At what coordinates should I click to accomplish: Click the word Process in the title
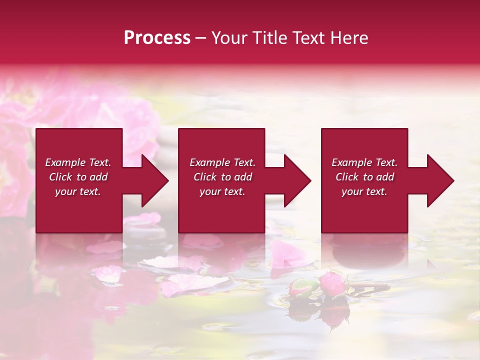click(157, 38)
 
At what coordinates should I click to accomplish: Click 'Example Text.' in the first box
click(78, 162)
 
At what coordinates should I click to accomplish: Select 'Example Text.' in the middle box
click(222, 162)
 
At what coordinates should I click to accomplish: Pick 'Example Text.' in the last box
click(364, 162)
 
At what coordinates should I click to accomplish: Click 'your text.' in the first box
click(78, 191)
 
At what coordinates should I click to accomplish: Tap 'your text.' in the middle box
click(222, 191)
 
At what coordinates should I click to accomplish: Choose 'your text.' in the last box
click(364, 191)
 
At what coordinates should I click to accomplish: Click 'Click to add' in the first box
click(78, 177)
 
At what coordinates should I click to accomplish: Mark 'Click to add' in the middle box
click(222, 177)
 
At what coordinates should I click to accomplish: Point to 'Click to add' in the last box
click(364, 177)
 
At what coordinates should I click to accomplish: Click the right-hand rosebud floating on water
click(332, 284)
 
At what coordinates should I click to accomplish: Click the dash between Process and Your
click(200, 38)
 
